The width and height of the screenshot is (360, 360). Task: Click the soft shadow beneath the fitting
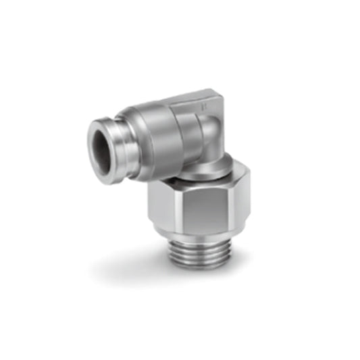(135, 270)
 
